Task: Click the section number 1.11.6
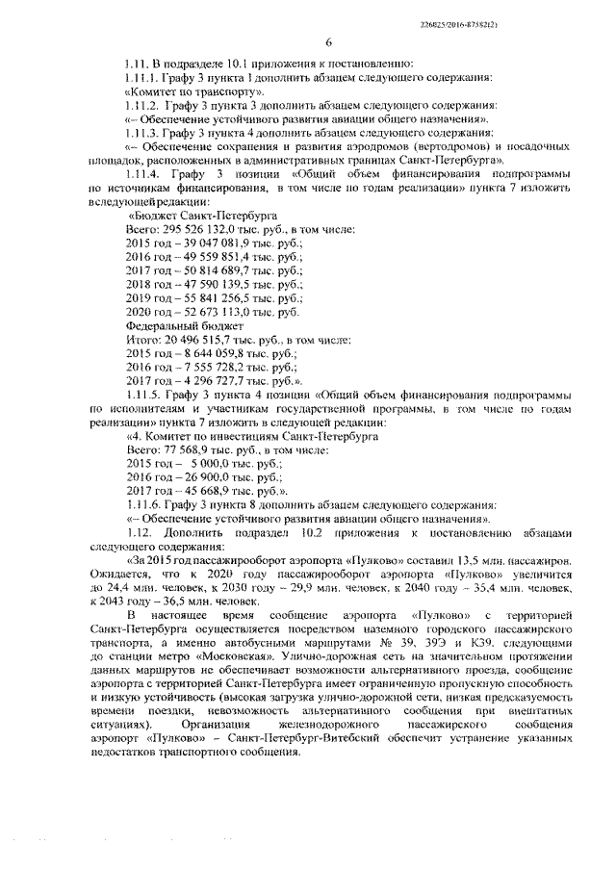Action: (146, 504)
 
